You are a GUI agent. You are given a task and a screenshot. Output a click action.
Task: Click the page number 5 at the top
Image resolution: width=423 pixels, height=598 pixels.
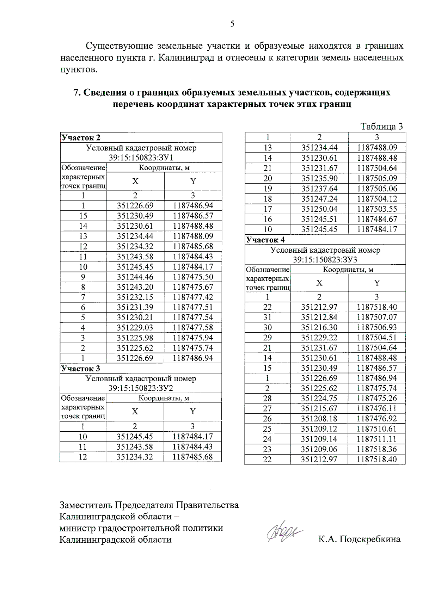pos(232,24)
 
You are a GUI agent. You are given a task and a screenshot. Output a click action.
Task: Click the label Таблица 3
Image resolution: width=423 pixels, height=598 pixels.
pos(381,127)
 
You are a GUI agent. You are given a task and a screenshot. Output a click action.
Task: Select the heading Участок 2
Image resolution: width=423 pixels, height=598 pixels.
pos(81,137)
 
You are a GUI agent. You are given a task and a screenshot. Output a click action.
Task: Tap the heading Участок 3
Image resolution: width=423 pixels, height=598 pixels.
pos(81,368)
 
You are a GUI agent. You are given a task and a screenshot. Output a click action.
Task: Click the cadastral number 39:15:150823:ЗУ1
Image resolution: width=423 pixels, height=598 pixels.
pos(141,158)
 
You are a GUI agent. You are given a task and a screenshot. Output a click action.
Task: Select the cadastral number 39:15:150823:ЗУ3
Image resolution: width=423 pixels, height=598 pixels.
pos(325,260)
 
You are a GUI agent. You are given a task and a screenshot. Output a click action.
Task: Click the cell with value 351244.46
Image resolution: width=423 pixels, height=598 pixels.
pos(135,277)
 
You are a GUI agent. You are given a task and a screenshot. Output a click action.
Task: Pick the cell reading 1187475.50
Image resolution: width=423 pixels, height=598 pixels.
pos(193,277)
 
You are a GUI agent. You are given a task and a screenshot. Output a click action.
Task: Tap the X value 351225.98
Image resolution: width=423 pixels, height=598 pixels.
pos(135,338)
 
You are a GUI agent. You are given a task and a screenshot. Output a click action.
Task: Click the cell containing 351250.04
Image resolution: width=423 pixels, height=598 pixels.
pos(319,209)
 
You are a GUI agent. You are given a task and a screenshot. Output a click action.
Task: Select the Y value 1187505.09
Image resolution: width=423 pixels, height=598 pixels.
pos(377,178)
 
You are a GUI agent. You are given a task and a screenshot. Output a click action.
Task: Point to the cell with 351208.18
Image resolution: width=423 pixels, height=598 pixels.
pos(319,419)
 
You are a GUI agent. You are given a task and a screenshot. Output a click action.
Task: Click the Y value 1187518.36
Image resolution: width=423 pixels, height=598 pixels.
pos(376,449)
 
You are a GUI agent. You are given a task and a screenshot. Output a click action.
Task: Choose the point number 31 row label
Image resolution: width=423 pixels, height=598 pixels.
pos(267,317)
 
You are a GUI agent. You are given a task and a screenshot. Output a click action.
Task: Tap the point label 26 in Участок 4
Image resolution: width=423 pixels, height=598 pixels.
pos(267,419)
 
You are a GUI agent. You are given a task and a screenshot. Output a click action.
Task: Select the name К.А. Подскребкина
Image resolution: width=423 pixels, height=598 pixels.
pos(359,539)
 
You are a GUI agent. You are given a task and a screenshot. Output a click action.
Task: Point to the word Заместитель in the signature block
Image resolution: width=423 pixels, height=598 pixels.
pos(86,505)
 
